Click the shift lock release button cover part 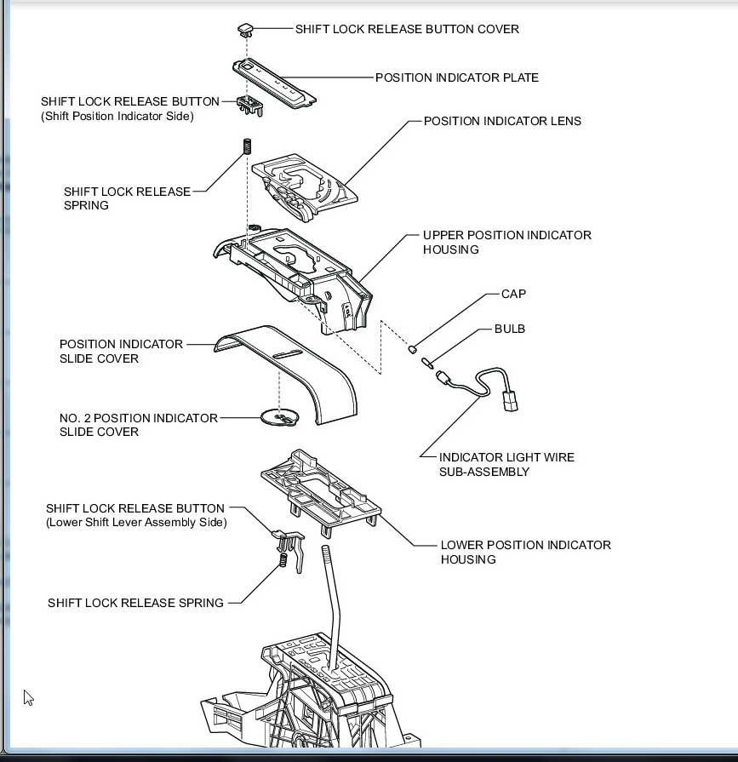click(x=246, y=29)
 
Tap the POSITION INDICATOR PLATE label click(x=456, y=77)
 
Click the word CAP click(x=513, y=294)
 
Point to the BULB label click(x=510, y=329)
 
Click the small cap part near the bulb click(x=412, y=347)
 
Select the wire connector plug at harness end click(x=508, y=399)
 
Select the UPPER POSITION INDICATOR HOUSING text click(x=506, y=242)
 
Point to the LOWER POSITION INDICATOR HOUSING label click(x=525, y=552)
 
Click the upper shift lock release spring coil click(x=248, y=146)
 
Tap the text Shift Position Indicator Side click(x=117, y=116)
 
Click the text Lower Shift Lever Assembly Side click(x=136, y=522)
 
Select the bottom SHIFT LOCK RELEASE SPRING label click(x=135, y=603)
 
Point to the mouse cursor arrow click(x=28, y=697)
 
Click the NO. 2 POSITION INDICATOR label click(x=138, y=418)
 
